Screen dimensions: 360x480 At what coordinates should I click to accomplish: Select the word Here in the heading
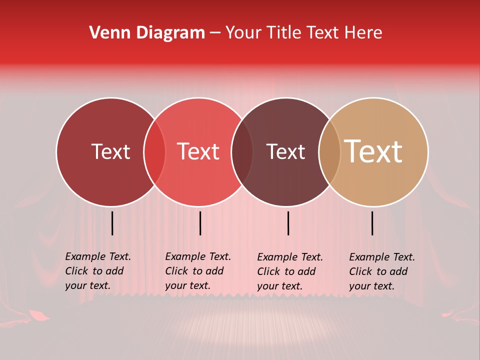(x=364, y=33)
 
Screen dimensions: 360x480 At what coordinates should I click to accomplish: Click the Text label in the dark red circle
(x=110, y=152)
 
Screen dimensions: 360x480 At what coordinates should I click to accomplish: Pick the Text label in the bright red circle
(x=198, y=152)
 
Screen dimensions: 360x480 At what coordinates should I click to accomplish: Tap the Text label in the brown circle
(x=285, y=152)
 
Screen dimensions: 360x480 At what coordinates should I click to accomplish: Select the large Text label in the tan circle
(x=373, y=152)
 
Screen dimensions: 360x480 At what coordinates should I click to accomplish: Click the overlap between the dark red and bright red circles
(x=154, y=152)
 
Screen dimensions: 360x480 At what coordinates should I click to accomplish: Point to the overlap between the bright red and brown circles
(x=242, y=152)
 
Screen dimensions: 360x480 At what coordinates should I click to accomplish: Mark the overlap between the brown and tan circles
(x=329, y=152)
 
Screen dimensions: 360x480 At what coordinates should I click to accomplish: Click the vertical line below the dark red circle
(x=112, y=223)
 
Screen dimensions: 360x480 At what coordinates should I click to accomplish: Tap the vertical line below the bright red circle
(x=200, y=223)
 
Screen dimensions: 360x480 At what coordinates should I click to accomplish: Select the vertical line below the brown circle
(x=288, y=223)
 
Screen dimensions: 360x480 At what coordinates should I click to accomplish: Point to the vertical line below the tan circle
(x=372, y=223)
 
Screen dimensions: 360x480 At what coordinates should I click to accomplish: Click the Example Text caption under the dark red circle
(x=98, y=271)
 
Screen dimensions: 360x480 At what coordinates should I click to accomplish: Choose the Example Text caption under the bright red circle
(x=198, y=271)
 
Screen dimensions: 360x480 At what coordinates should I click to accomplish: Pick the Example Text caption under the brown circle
(x=290, y=271)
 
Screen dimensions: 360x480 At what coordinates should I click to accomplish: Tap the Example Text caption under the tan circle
(x=382, y=271)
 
